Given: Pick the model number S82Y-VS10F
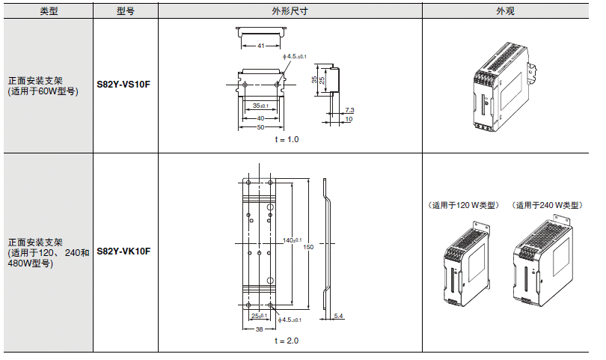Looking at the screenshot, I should (x=124, y=85).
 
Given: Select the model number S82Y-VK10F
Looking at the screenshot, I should (x=124, y=251).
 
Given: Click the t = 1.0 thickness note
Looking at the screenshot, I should (x=287, y=140).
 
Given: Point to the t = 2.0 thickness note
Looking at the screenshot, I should (x=287, y=341).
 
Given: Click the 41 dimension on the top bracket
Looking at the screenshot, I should (x=260, y=46).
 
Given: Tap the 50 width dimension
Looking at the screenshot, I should (x=260, y=127).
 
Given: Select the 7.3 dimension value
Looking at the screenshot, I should (x=349, y=110).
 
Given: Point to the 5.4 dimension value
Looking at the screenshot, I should (x=338, y=317).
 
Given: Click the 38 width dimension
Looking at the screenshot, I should (x=258, y=329).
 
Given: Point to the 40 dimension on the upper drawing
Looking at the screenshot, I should (x=260, y=118).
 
